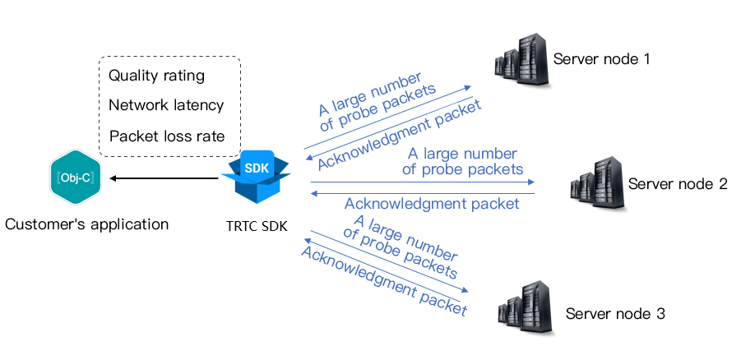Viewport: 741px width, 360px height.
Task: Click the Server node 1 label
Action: point(601,59)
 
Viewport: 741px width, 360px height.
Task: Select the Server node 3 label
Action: point(614,314)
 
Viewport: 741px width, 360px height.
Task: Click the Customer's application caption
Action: point(86,224)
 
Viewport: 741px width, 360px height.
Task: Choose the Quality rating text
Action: point(156,76)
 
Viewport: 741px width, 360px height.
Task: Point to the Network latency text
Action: point(166,105)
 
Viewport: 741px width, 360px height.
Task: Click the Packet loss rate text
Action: point(167,136)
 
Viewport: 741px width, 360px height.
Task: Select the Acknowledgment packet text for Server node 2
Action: point(432,204)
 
